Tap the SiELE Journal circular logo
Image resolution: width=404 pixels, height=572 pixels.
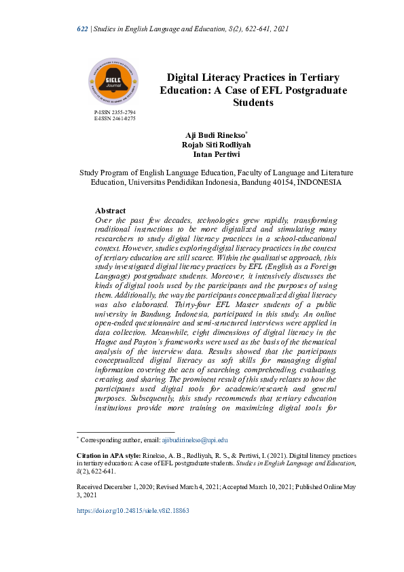pos(113,81)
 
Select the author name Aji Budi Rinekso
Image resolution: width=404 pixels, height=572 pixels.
pos(210,136)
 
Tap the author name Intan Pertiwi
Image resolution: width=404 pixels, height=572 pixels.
pos(213,154)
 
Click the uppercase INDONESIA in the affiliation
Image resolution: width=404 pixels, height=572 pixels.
pos(316,183)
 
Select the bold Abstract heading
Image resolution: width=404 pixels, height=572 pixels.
pos(110,211)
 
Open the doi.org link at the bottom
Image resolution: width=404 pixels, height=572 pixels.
pos(132,510)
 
